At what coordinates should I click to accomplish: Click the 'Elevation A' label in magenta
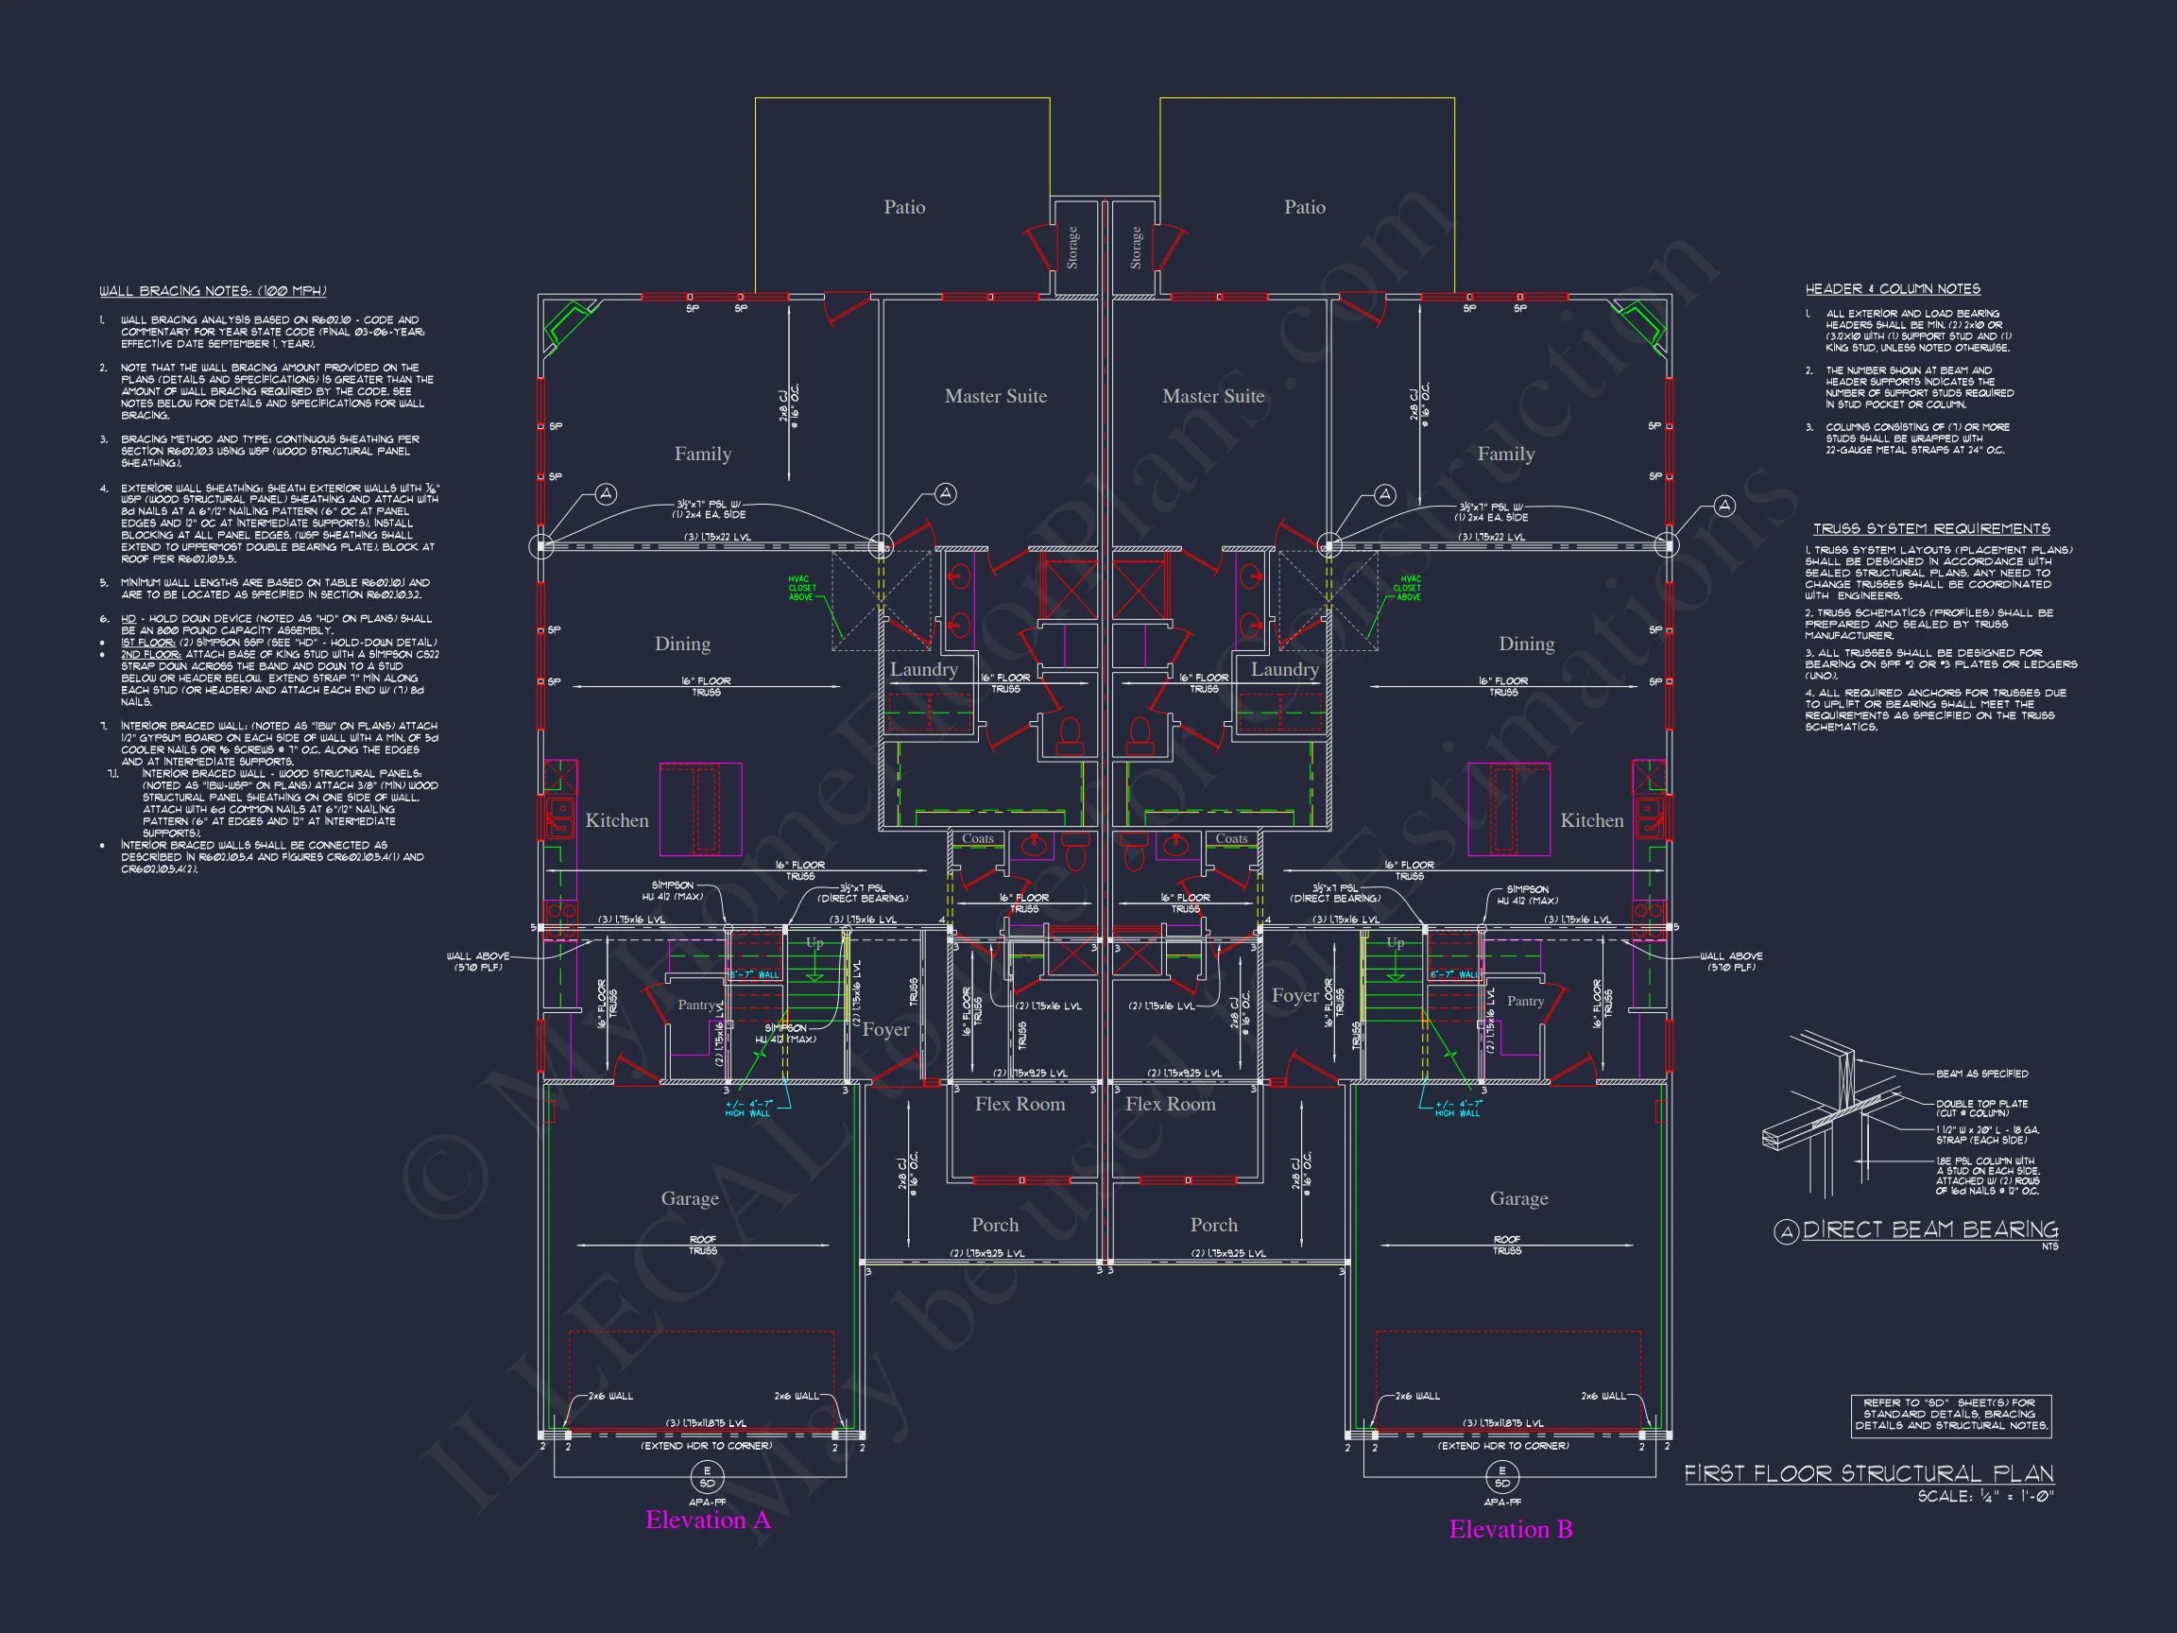(708, 1520)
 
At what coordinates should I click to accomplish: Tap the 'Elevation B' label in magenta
(1511, 1529)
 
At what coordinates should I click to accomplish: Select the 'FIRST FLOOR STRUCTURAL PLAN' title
(1869, 1473)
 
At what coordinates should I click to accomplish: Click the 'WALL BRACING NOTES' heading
(213, 291)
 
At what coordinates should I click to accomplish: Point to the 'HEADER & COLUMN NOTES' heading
(1893, 289)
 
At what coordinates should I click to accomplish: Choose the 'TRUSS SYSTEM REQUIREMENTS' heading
(1931, 528)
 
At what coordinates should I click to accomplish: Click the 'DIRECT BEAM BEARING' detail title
(1929, 1229)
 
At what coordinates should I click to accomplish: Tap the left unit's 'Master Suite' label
(995, 396)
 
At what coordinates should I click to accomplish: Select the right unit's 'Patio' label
(1304, 207)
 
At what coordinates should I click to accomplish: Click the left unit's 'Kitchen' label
(617, 820)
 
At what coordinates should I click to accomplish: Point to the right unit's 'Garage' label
(1518, 1198)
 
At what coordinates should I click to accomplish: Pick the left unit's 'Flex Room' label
(1020, 1104)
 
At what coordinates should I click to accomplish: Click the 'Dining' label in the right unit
(1527, 644)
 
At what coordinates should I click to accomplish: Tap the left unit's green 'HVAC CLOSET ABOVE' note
(802, 589)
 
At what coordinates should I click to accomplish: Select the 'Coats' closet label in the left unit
(977, 838)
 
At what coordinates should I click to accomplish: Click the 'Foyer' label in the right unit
(1294, 995)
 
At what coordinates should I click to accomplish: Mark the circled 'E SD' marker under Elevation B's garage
(1501, 1476)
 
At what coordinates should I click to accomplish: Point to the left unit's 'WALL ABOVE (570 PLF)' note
(477, 962)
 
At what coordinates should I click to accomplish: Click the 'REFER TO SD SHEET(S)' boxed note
(1950, 1414)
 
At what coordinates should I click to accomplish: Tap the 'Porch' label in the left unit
(995, 1225)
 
